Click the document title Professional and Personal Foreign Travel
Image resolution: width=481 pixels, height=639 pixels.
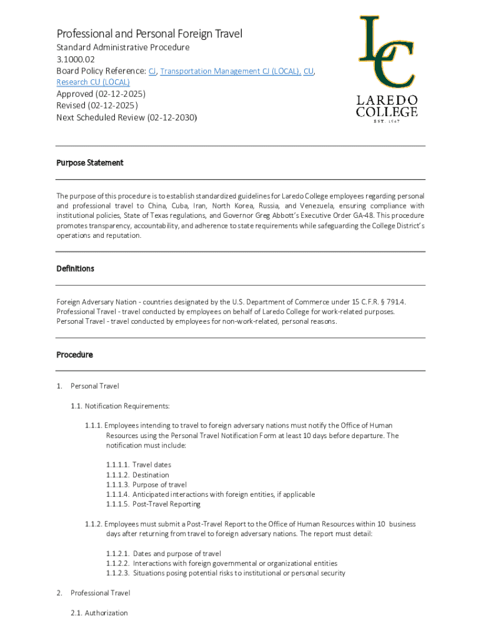(x=149, y=34)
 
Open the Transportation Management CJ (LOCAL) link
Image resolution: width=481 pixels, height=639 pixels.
(x=230, y=71)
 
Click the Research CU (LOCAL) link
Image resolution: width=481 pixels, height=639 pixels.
(x=93, y=82)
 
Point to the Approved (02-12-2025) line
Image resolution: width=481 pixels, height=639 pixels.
(x=101, y=94)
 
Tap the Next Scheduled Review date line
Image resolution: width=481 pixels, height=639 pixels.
(x=126, y=117)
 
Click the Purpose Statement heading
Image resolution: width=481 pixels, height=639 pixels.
(x=90, y=163)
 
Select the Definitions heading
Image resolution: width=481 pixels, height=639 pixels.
(x=75, y=268)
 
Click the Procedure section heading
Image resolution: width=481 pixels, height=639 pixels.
(x=74, y=354)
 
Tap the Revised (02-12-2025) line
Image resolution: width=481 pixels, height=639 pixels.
(x=97, y=105)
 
